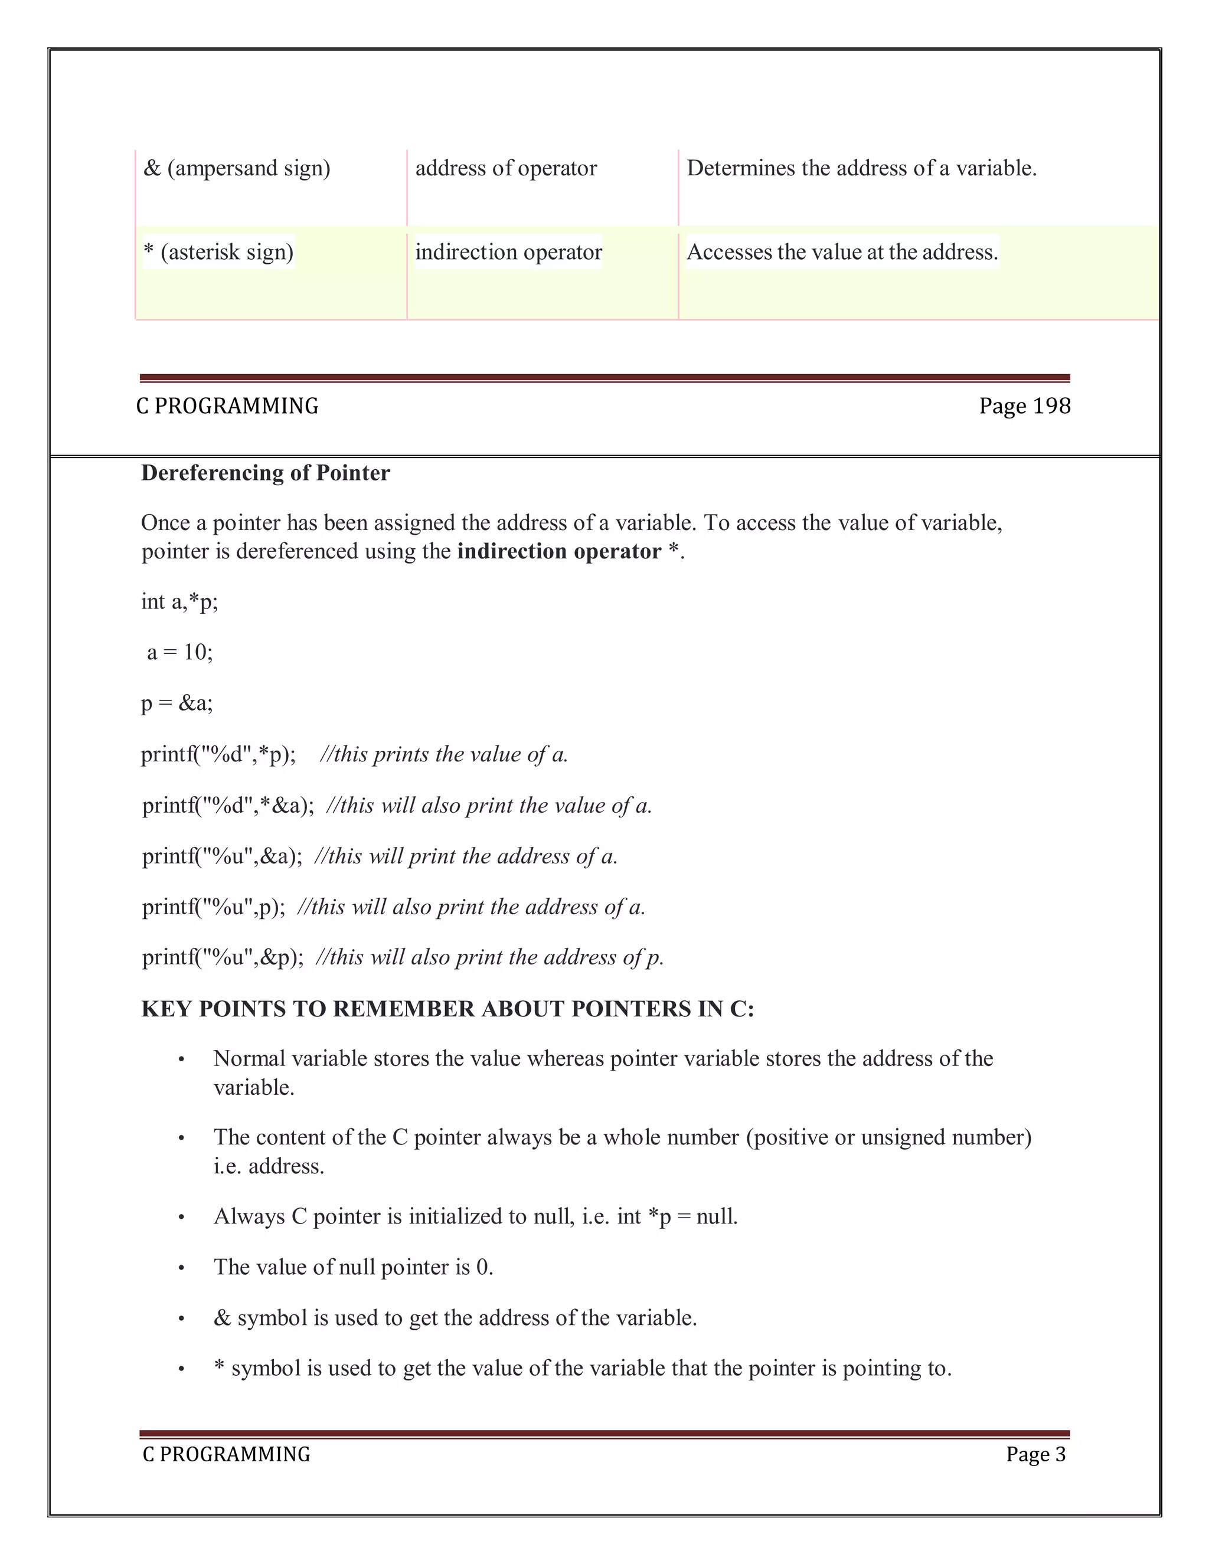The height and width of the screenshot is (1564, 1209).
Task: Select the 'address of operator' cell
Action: [506, 168]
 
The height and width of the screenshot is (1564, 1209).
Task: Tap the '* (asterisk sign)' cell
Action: [218, 252]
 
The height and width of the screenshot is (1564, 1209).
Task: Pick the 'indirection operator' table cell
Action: [508, 252]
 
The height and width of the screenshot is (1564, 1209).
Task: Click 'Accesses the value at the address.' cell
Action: [842, 252]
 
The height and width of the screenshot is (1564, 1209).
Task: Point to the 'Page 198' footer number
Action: [1024, 406]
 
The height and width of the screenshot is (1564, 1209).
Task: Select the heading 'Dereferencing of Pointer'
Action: [265, 473]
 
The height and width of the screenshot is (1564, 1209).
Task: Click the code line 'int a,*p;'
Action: [179, 601]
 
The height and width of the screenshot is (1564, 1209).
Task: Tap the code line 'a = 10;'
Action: [180, 652]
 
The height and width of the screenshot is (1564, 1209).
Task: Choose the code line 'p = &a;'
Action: [177, 704]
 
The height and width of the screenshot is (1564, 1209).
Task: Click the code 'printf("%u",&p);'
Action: [223, 957]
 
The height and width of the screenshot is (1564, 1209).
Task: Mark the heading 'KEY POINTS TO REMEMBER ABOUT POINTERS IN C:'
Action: [447, 1009]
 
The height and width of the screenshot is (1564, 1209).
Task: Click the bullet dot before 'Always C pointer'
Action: [182, 1218]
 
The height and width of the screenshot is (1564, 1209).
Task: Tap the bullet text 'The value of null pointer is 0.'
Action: [353, 1268]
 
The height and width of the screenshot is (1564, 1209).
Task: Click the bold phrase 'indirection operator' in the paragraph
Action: [558, 551]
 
